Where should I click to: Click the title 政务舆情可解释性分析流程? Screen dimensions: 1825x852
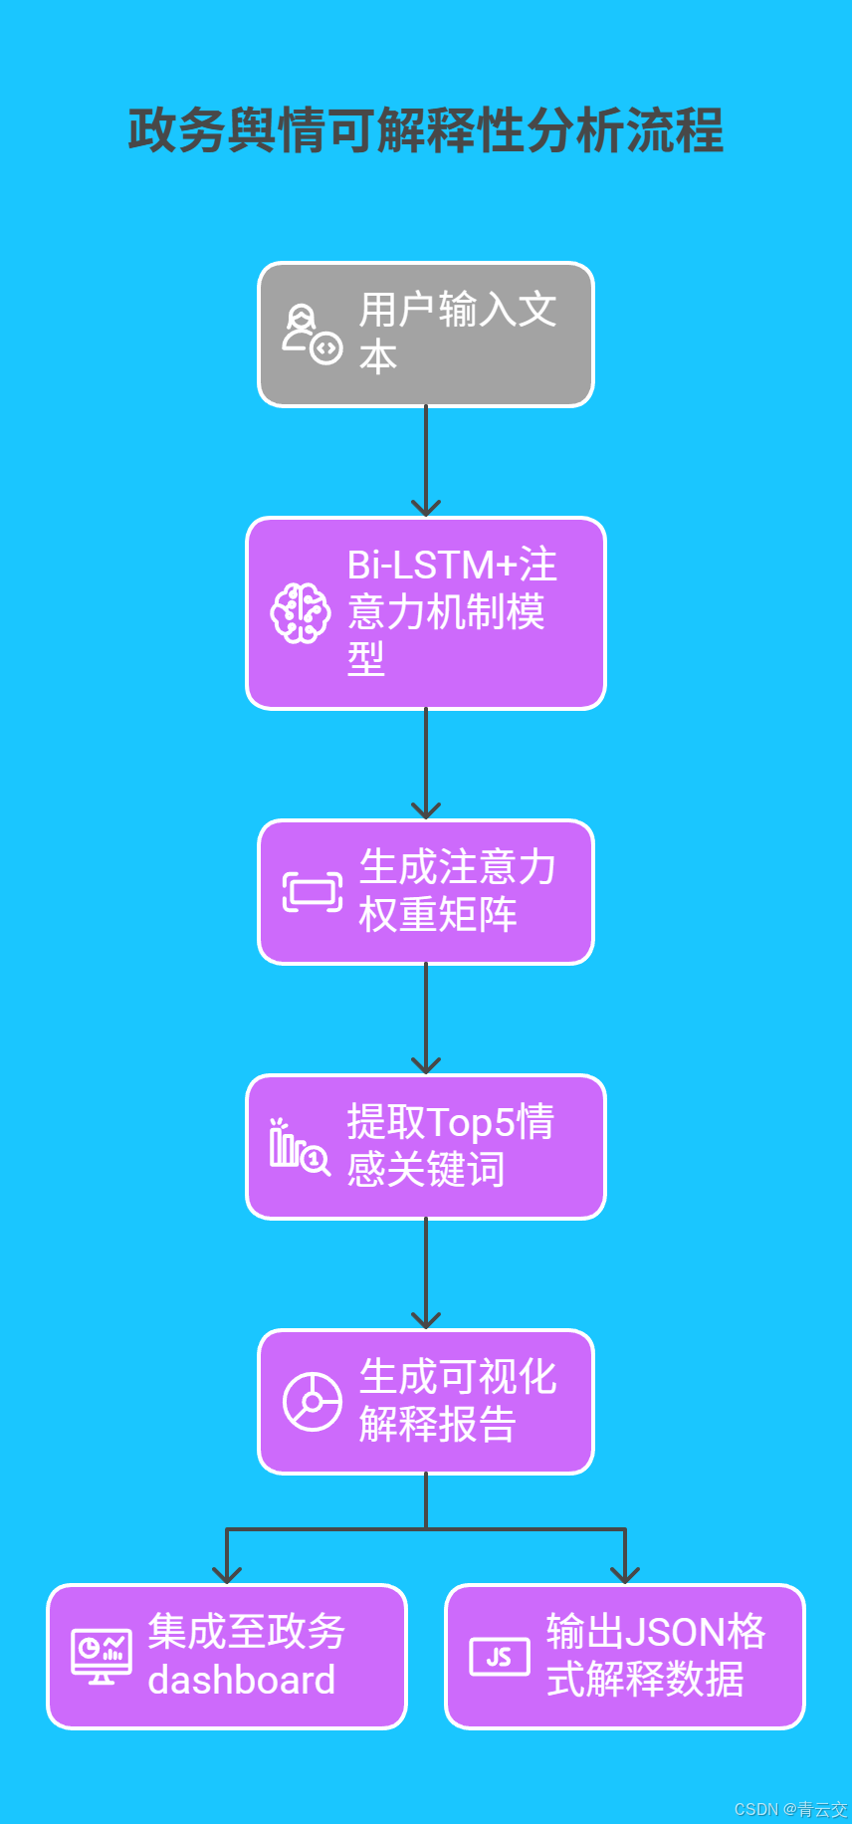pos(426,130)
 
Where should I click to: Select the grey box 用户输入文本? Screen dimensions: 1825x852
pos(426,335)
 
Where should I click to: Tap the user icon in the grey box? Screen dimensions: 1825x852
pos(312,335)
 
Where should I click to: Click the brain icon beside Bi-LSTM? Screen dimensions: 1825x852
pos(301,613)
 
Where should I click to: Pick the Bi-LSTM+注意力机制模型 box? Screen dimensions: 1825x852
pos(426,613)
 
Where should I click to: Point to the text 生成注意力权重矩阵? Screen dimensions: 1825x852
pos(457,891)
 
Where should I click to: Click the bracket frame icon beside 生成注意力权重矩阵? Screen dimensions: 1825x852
pos(313,892)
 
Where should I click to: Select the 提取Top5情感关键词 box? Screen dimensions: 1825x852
pos(426,1147)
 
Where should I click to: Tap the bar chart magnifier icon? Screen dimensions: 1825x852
pos(299,1147)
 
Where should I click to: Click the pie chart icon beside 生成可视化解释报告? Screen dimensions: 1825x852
pos(313,1402)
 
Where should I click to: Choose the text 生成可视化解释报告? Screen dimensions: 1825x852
pos(457,1401)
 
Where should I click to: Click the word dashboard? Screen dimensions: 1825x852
pos(242,1681)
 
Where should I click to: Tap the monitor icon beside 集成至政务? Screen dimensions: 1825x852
pos(102,1657)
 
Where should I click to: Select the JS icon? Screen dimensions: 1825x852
pos(500,1657)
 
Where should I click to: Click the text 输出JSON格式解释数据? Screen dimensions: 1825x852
pos(655,1656)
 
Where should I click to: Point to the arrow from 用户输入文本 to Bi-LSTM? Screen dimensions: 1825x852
pos(426,461)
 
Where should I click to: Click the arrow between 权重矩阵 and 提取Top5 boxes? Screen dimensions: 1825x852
pos(426,1019)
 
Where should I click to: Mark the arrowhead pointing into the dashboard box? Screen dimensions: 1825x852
pos(227,1574)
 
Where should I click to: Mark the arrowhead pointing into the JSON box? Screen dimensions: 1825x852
pos(625,1574)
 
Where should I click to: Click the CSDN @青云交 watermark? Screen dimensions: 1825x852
pos(790,1809)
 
